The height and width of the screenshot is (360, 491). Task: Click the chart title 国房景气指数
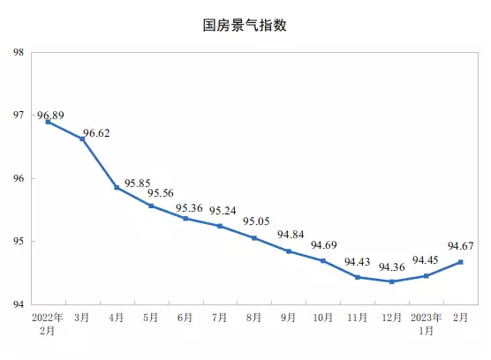tap(245, 26)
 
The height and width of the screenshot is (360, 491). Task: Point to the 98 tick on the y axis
tap(19, 52)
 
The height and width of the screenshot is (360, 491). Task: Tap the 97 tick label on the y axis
tap(19, 116)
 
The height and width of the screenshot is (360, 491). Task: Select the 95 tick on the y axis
tap(19, 242)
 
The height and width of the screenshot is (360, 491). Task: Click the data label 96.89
tap(50, 116)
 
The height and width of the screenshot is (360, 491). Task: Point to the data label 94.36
tap(392, 267)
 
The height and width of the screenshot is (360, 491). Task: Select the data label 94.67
tap(461, 247)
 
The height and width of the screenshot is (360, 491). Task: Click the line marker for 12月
tap(392, 281)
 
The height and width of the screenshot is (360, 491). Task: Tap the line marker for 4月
tap(117, 187)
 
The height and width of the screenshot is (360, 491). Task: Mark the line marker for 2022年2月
tap(48, 122)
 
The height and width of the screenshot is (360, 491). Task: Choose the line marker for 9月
tap(289, 251)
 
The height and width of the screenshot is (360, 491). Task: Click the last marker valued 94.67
tap(461, 261)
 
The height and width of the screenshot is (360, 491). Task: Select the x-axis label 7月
tap(220, 317)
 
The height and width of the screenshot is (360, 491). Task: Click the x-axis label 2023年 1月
tap(427, 322)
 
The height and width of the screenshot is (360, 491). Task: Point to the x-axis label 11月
tap(358, 317)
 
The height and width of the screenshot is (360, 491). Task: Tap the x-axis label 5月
tap(151, 317)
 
